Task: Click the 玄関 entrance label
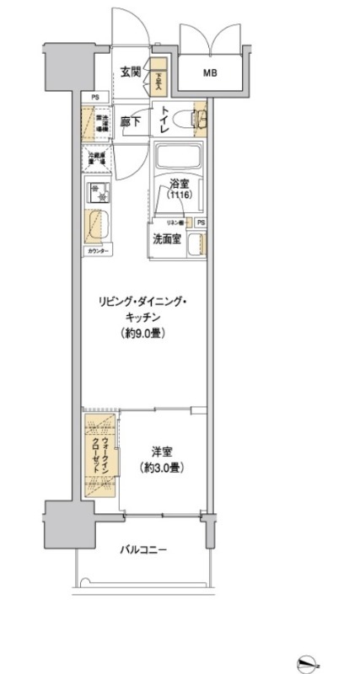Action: (129, 72)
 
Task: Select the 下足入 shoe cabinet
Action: (158, 78)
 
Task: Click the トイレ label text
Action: (168, 119)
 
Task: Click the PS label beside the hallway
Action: (94, 98)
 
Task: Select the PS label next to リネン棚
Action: (201, 222)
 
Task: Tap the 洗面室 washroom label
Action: (166, 238)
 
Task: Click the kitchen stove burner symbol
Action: (98, 192)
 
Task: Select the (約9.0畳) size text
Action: (141, 333)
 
